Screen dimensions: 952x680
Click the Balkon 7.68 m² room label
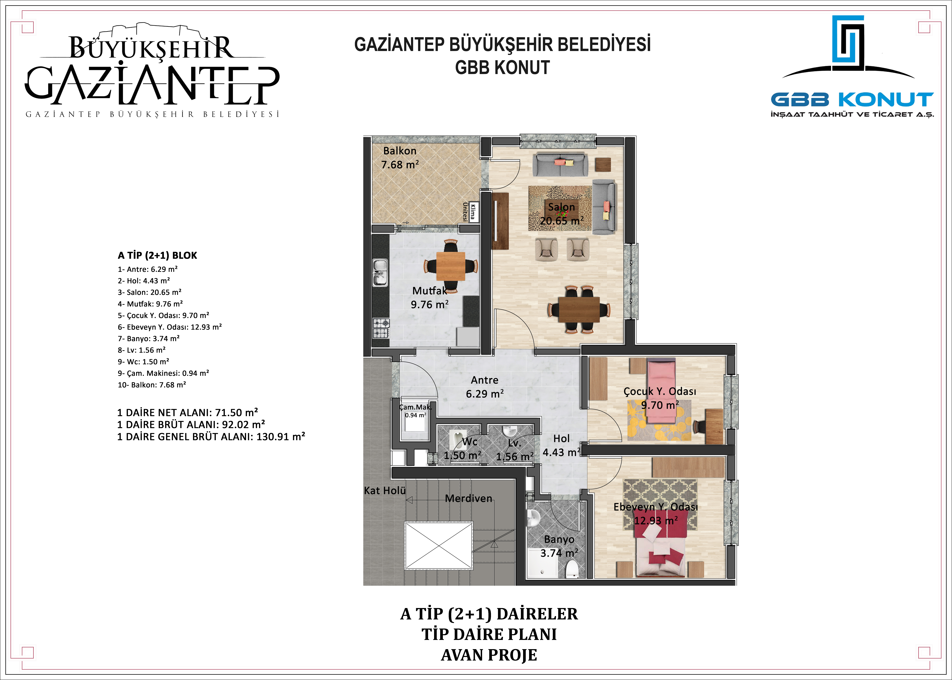400,158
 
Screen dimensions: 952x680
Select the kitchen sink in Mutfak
380,273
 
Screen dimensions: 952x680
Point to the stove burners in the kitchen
381,328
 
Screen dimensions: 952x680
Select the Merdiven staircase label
469,498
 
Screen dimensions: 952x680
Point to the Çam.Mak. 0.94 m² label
415,411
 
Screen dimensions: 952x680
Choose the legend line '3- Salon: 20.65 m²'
149,292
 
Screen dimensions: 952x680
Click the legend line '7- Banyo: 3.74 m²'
149,338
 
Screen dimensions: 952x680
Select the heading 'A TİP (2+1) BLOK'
157,255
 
